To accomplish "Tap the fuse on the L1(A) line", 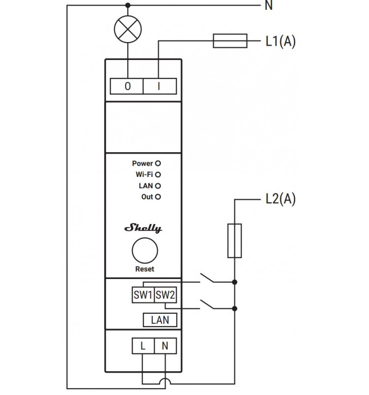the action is point(230,41).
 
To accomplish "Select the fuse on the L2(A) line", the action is point(234,240).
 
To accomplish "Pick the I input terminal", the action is point(160,86).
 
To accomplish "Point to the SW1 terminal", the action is point(143,295).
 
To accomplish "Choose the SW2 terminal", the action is point(165,295).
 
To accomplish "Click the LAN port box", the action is point(160,320).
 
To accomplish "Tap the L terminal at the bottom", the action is point(143,346).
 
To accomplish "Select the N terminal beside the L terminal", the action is point(165,346).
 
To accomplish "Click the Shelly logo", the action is point(143,228).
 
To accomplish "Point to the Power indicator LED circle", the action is point(158,163).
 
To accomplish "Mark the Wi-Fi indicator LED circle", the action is point(158,174).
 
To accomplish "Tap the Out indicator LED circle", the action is point(158,197).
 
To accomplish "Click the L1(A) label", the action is point(280,41).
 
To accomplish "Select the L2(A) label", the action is point(280,199).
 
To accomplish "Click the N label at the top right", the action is point(269,5).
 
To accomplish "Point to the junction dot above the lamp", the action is point(128,5).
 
